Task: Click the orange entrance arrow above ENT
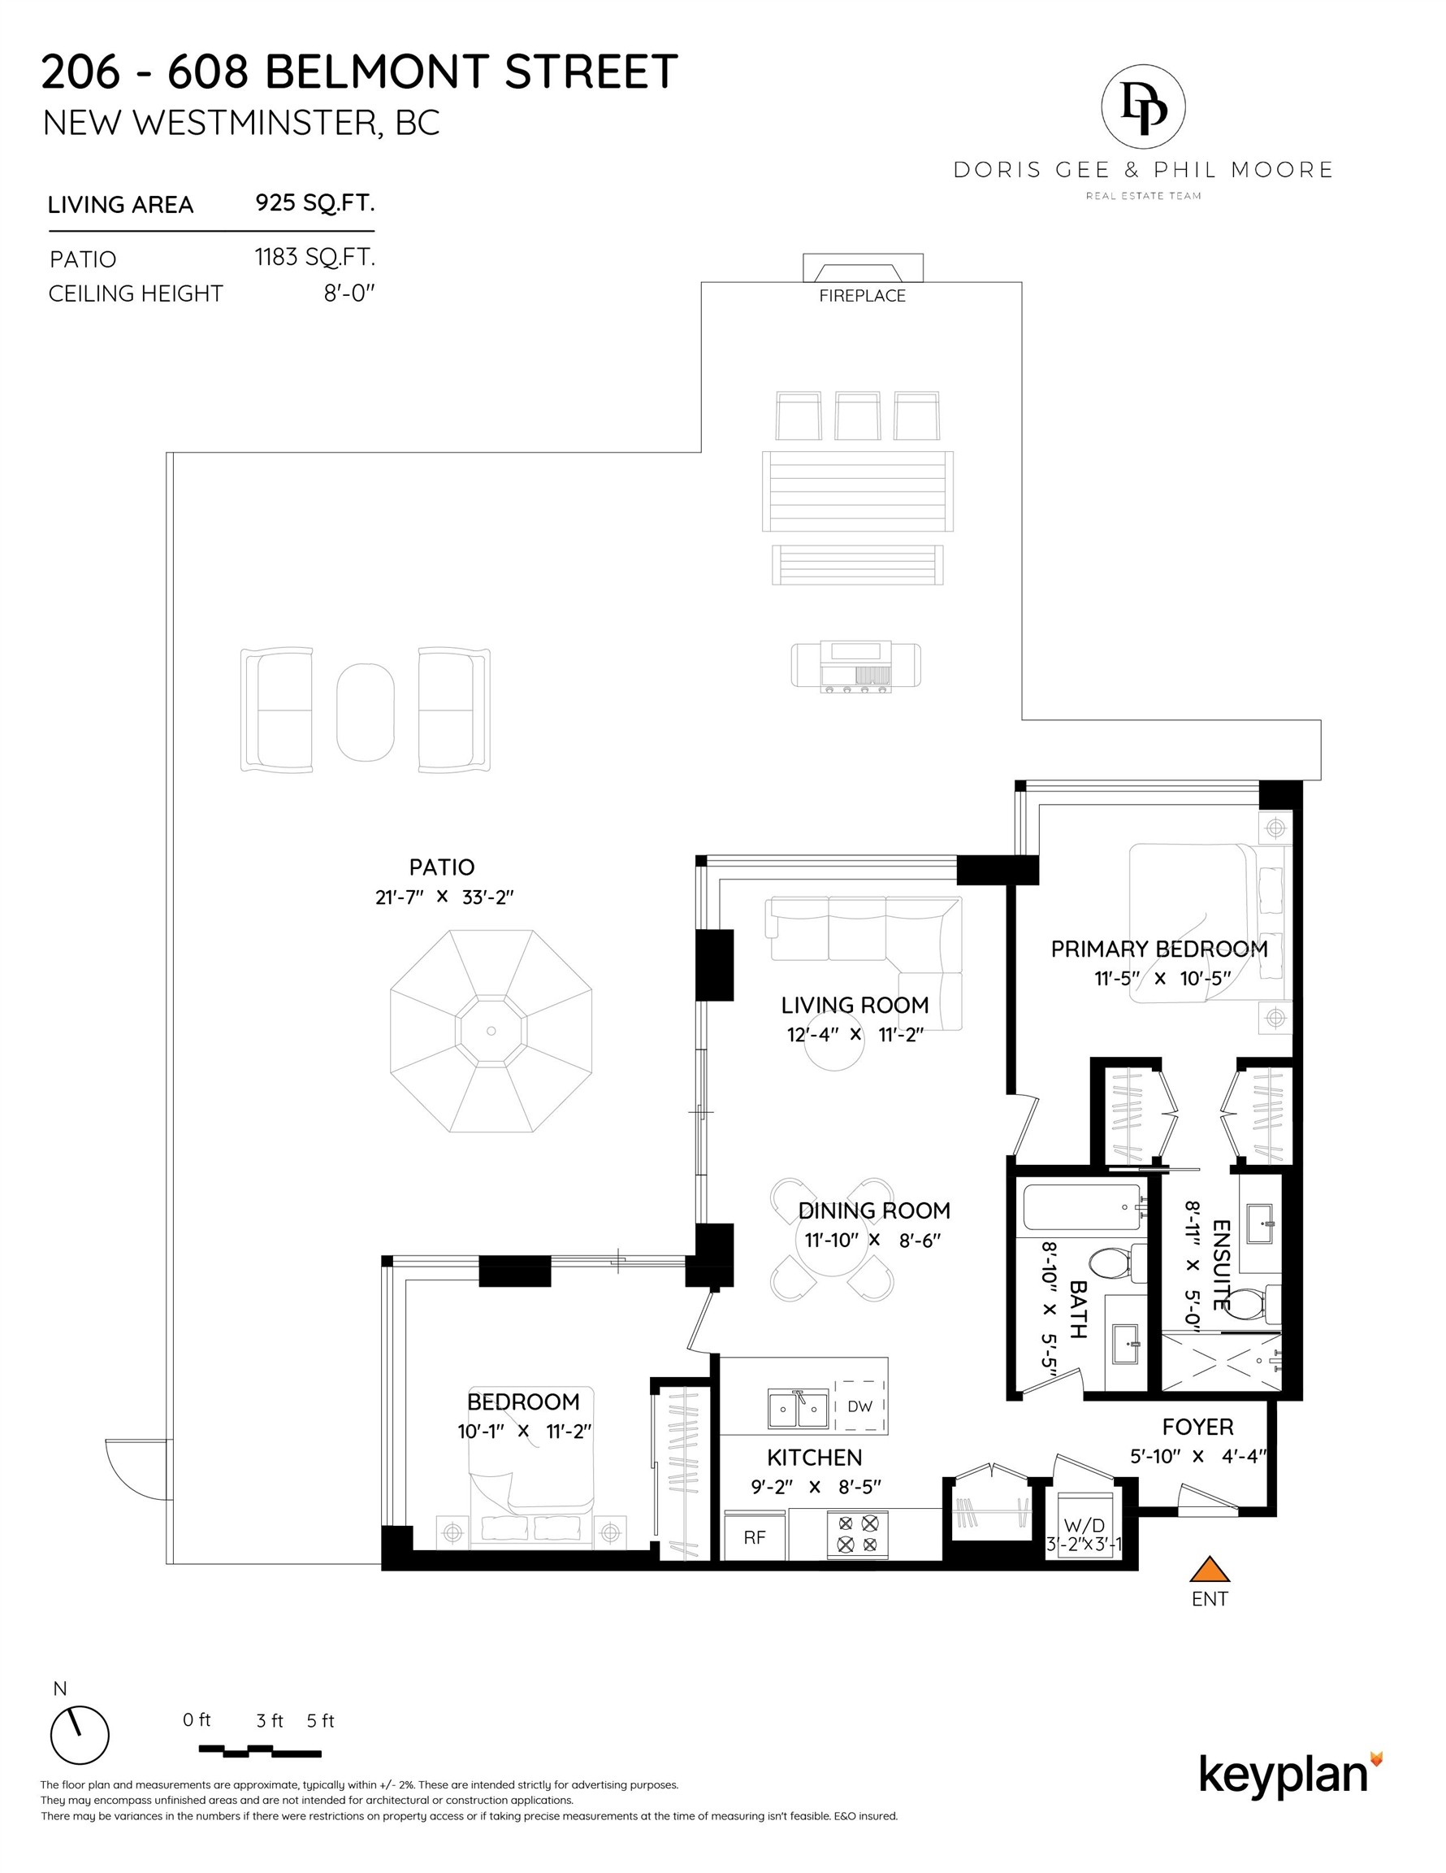pos(1210,1571)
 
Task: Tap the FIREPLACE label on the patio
pos(861,296)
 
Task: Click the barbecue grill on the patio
pos(855,667)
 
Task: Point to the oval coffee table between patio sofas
pos(365,711)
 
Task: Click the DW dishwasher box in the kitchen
pos(859,1406)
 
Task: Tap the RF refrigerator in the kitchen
pos(755,1536)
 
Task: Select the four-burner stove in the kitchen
pos(858,1533)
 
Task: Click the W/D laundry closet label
pos(1084,1526)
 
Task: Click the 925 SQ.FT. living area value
pos(314,203)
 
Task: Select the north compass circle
pos(80,1735)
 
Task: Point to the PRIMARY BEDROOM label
pos(1159,949)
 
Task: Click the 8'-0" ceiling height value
pos(349,293)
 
